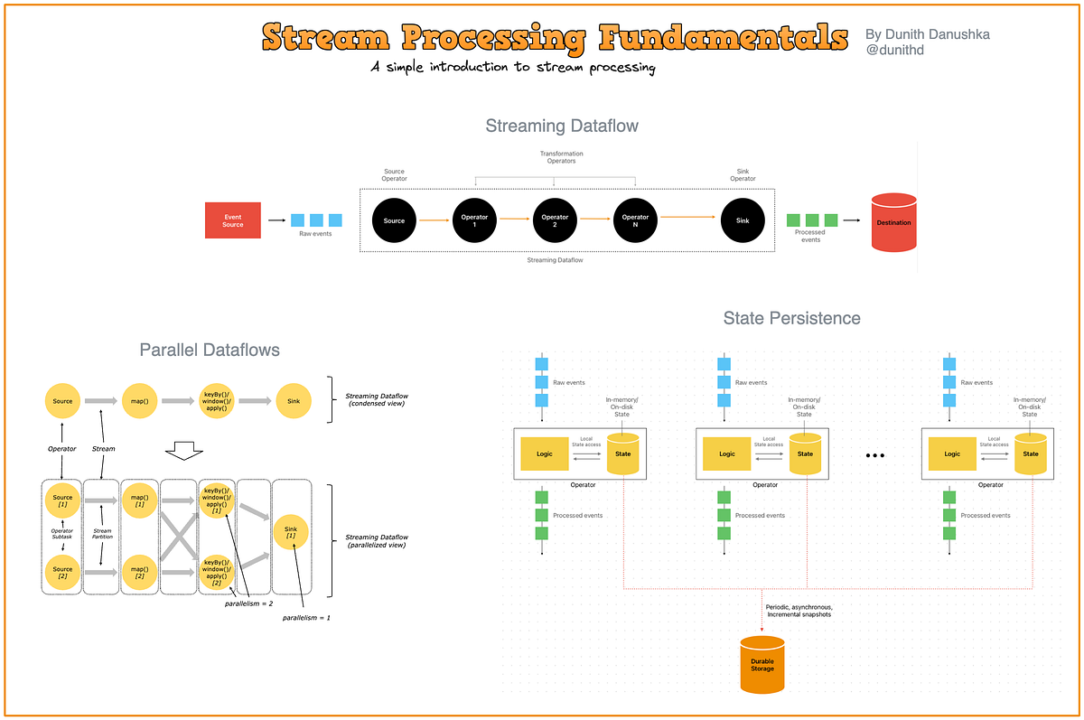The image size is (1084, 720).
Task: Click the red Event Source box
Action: click(233, 220)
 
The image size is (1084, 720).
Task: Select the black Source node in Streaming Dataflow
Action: click(394, 220)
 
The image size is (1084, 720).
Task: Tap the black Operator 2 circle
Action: click(555, 220)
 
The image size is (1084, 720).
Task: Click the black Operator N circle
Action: click(635, 220)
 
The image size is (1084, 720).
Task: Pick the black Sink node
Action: click(743, 220)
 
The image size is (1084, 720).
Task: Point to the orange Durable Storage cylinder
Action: click(762, 666)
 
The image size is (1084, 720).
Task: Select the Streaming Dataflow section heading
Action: click(561, 126)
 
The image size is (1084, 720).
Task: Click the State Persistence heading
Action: click(791, 318)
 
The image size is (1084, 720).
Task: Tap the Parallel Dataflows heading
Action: click(210, 350)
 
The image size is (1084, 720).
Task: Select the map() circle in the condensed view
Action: click(139, 400)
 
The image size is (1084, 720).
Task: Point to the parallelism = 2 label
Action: click(249, 603)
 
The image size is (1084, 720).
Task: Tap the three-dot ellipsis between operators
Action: click(874, 456)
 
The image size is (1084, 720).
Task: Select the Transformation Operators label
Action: click(561, 157)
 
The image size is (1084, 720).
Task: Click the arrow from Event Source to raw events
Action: click(275, 220)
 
